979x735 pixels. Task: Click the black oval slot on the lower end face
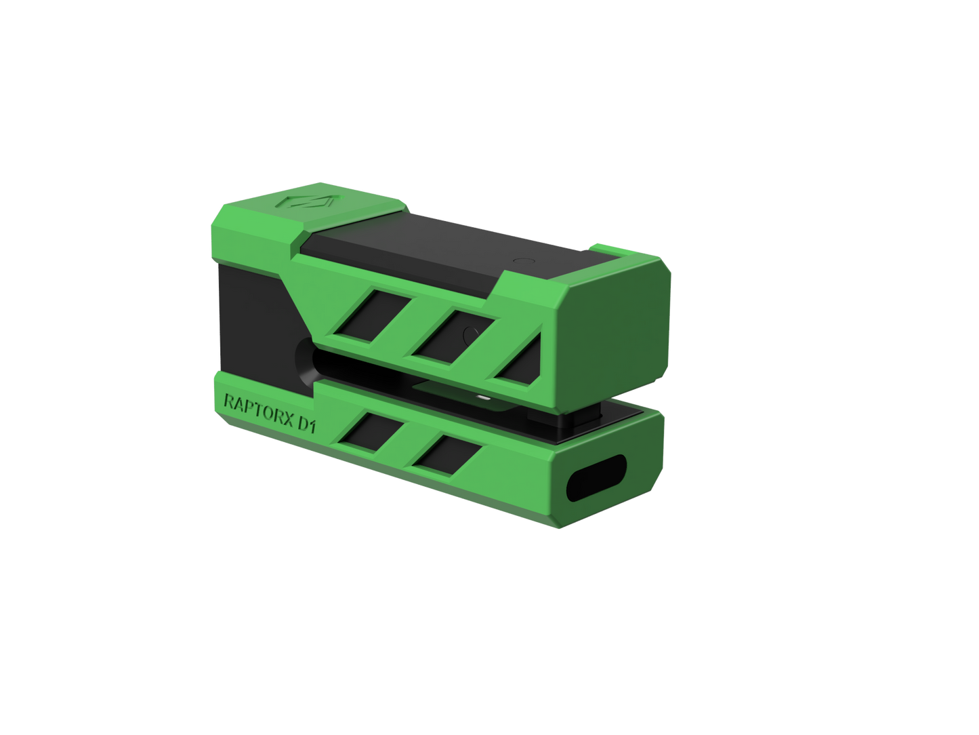point(595,478)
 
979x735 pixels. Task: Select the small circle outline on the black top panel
point(522,260)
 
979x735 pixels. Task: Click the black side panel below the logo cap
point(251,312)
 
